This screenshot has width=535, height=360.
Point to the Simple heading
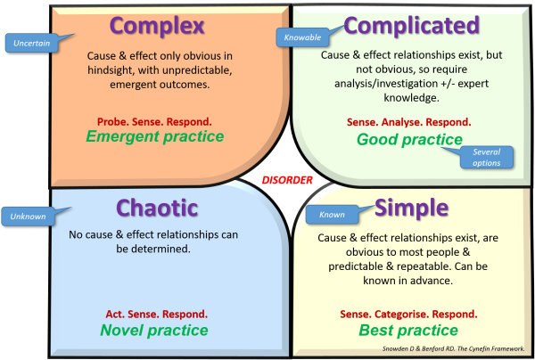pyautogui.click(x=411, y=207)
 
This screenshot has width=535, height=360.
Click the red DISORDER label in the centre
pyautogui.click(x=288, y=180)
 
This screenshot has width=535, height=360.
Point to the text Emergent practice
pyautogui.click(x=154, y=136)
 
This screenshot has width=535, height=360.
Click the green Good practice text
pyautogui.click(x=409, y=139)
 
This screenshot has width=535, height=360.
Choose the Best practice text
pyautogui.click(x=409, y=331)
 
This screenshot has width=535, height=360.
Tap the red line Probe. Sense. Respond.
pyautogui.click(x=155, y=119)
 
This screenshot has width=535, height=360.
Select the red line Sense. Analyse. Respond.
pyautogui.click(x=409, y=121)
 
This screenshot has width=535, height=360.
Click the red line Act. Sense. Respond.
pyautogui.click(x=155, y=315)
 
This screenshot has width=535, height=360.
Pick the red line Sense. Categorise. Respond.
pyautogui.click(x=409, y=315)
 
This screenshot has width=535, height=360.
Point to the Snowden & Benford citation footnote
pyautogui.click(x=457, y=348)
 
